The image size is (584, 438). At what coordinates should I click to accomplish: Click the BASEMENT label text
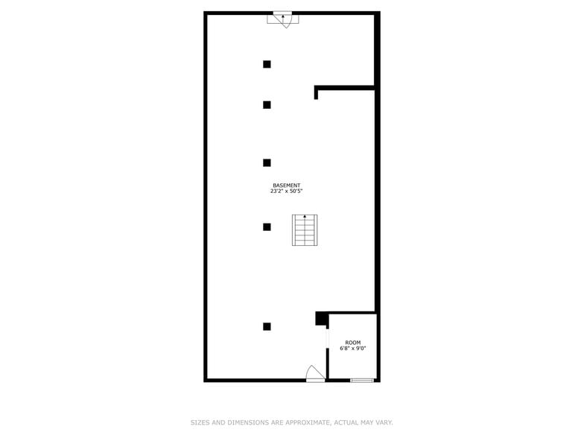[x=286, y=185]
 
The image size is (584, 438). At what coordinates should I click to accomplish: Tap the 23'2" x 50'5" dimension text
[x=286, y=191]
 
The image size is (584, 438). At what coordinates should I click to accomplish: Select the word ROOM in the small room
[x=353, y=343]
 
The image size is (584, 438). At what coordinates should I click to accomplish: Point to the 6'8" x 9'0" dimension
[x=353, y=349]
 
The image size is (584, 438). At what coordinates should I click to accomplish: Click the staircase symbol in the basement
[x=304, y=230]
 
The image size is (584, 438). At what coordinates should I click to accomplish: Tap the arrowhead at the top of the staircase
[x=304, y=216]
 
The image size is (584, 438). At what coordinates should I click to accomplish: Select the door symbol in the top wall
[x=283, y=19]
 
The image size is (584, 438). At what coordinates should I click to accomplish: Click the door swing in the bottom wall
[x=315, y=373]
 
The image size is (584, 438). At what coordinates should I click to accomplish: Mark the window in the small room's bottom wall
[x=362, y=381]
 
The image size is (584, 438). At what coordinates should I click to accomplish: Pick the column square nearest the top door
[x=267, y=64]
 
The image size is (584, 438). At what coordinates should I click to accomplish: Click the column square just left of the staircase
[x=267, y=226]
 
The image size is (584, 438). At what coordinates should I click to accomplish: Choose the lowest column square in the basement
[x=267, y=326]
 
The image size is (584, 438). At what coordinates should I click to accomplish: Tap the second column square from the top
[x=267, y=105]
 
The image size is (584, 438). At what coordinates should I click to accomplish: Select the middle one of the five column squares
[x=267, y=162]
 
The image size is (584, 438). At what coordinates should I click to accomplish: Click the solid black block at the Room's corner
[x=322, y=318]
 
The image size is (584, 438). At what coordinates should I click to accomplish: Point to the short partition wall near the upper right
[x=344, y=88]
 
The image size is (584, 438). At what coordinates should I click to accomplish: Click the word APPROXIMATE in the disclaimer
[x=307, y=422]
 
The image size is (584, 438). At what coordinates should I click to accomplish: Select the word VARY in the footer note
[x=383, y=422]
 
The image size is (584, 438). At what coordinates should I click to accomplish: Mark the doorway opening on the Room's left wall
[x=328, y=338]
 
